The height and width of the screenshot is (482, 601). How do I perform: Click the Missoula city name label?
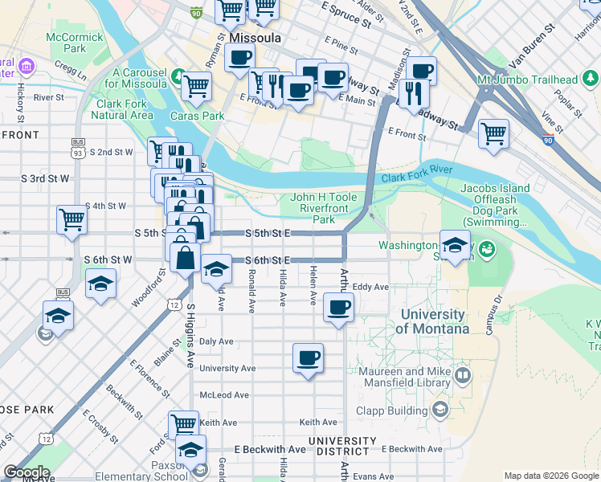click(255, 38)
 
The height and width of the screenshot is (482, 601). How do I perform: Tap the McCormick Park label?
click(75, 43)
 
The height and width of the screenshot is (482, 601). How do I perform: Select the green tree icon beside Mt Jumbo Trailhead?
click(591, 79)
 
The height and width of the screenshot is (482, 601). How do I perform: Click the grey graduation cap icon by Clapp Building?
click(440, 411)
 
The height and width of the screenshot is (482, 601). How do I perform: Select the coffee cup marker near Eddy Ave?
click(338, 307)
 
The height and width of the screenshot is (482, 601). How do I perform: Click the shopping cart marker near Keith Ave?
click(184, 424)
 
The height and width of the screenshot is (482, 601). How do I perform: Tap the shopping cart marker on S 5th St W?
click(72, 219)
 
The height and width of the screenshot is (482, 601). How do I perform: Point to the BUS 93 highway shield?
click(77, 149)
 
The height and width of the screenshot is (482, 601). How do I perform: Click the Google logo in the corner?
click(26, 472)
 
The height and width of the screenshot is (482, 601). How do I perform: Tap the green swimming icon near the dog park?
click(486, 250)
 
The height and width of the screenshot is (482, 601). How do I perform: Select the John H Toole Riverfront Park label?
click(322, 207)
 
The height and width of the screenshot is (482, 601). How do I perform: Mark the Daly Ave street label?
click(216, 341)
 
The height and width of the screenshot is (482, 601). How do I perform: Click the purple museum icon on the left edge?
click(27, 65)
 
